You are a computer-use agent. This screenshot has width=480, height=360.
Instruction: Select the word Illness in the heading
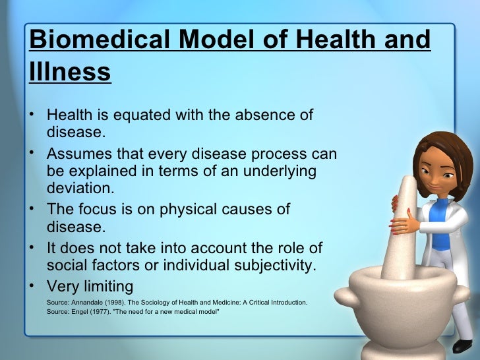pos(70,73)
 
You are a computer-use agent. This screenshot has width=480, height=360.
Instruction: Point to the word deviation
pos(80,188)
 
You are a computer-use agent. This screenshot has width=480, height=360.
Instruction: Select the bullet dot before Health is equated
pos(33,115)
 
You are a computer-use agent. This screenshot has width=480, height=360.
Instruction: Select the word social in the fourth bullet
pos(68,266)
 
